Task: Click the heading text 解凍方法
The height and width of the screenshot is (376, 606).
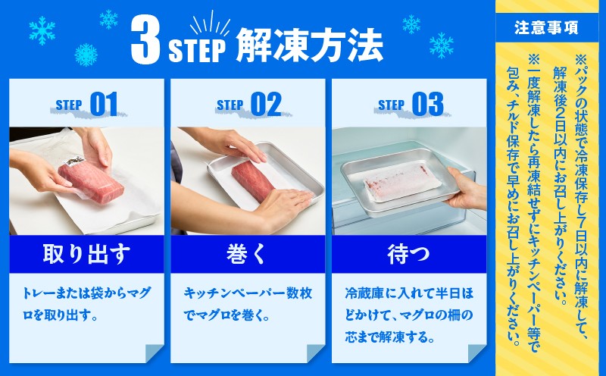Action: (309, 45)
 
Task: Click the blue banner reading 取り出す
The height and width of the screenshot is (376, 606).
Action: (86, 254)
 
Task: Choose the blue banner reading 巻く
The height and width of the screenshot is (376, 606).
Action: (248, 254)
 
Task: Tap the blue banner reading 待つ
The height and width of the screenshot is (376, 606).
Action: (409, 254)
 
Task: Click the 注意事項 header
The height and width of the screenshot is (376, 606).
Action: (546, 28)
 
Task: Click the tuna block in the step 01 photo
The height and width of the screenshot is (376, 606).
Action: (91, 180)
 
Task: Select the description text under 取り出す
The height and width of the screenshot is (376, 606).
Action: (86, 304)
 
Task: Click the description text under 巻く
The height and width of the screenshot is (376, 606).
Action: (248, 304)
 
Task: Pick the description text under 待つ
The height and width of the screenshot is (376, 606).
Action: (409, 315)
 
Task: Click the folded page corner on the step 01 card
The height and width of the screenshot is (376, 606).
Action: (154, 353)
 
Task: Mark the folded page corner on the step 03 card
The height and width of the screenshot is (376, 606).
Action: (476, 353)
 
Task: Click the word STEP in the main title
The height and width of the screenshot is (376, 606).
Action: (197, 51)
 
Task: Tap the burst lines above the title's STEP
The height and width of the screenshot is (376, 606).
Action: (210, 24)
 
